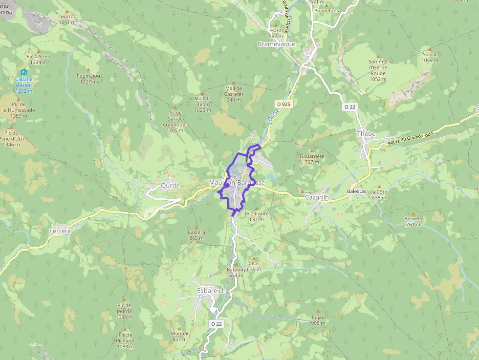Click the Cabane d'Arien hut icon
pos(24,72)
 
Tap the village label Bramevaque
pos(276,44)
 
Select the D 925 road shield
pos(283,104)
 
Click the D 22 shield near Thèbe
pos(349,106)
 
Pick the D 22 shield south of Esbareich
pos(217,324)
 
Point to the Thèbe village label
pos(366,133)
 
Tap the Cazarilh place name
pos(316,197)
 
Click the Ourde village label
pos(170,186)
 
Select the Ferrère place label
pos(60,231)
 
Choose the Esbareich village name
pos(211,290)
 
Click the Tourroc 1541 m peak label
pos(67,19)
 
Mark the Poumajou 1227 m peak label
pos(88,79)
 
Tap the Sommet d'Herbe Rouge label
pos(378,70)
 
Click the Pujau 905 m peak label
pos(318,320)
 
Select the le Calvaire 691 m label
pos(257,216)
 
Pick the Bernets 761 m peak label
pos(413,222)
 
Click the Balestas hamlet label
pos(356,191)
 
